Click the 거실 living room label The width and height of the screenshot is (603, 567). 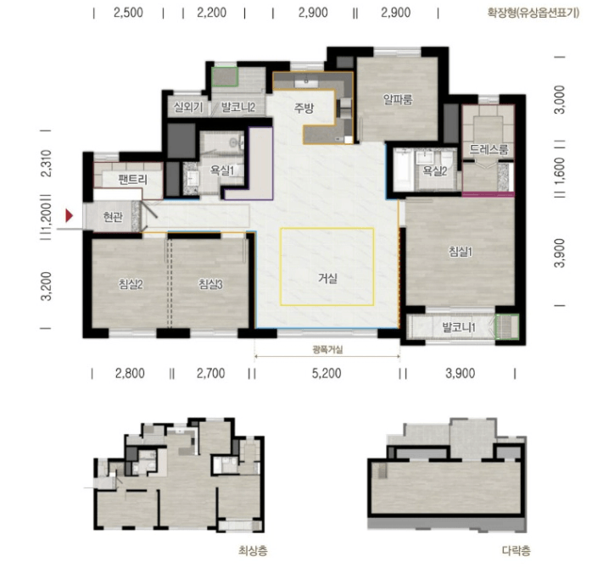327,277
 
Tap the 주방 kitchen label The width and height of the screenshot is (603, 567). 304,108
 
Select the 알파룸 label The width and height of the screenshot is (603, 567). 398,99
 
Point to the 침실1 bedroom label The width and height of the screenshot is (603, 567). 461,252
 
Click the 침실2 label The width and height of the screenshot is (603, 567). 131,284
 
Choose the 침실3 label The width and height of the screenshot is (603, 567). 210,284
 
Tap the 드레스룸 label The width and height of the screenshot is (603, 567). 489,149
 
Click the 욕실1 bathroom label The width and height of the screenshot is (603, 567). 222,170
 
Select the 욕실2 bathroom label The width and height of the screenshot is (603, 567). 434,170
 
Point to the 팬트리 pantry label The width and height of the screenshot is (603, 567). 132,179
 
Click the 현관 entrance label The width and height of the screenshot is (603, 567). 113,217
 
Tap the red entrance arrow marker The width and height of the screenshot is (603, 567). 69,215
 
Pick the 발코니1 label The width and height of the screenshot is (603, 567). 459,327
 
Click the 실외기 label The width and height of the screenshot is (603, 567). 188,107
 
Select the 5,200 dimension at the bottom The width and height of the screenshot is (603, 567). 327,373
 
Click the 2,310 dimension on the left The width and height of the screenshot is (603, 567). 46,163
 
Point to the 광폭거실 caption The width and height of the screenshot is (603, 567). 327,349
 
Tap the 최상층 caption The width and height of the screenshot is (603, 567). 253,551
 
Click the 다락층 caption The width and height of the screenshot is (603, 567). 516,551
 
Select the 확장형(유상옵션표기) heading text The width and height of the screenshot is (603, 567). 533,13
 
